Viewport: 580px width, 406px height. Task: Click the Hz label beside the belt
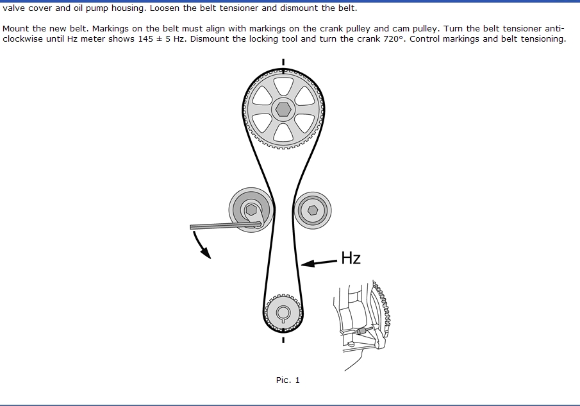click(x=351, y=258)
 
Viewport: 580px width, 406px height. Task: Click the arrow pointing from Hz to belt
click(x=319, y=262)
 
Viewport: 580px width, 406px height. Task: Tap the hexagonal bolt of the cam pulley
click(x=283, y=110)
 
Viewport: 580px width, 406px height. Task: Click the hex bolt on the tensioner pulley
click(x=251, y=210)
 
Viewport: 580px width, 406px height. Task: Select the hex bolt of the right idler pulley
click(x=313, y=210)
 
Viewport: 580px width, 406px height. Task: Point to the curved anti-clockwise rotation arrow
click(x=200, y=244)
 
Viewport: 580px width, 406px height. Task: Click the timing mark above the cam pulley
click(x=283, y=62)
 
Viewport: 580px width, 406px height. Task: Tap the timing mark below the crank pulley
click(x=283, y=339)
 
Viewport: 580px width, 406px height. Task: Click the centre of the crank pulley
click(x=283, y=313)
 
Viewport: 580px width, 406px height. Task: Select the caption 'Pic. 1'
click(x=288, y=380)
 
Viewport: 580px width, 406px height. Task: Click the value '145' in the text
click(x=145, y=39)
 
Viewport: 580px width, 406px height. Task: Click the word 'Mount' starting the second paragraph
click(x=15, y=28)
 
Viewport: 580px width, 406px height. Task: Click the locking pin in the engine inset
click(x=362, y=331)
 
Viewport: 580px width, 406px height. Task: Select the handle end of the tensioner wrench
click(x=192, y=227)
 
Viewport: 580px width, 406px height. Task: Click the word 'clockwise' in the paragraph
click(x=22, y=39)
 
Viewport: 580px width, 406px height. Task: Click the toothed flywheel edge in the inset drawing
click(x=385, y=310)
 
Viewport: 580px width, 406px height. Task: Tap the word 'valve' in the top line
click(x=13, y=8)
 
